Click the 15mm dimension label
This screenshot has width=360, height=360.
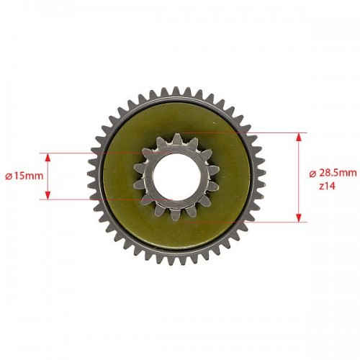pyautogui.click(x=27, y=176)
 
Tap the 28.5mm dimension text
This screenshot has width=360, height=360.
pyautogui.click(x=338, y=173)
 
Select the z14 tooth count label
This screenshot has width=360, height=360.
pyautogui.click(x=327, y=186)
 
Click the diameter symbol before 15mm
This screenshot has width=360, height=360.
pyautogui.click(x=9, y=176)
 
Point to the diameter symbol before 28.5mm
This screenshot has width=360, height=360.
pyautogui.click(x=312, y=174)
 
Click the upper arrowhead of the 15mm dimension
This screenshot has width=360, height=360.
pyautogui.click(x=48, y=158)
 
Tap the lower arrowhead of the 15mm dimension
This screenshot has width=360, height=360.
pyautogui.click(x=48, y=195)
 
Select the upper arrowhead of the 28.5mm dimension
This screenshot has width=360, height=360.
pyautogui.click(x=299, y=138)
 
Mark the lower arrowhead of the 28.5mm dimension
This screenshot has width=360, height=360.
pyautogui.click(x=299, y=217)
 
